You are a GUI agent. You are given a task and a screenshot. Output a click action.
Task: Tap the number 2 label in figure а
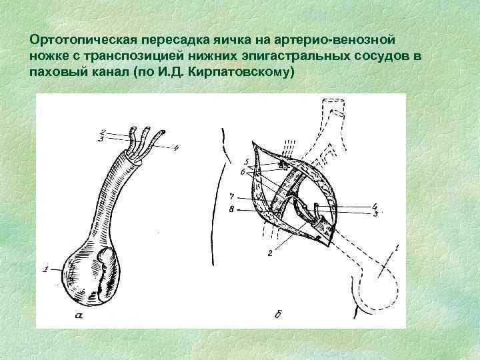coord(102,131)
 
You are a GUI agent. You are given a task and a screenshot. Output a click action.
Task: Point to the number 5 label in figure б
coord(245,161)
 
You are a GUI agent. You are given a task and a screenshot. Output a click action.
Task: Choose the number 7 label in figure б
coord(230,197)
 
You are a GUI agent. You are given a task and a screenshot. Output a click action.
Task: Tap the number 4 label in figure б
coord(375,206)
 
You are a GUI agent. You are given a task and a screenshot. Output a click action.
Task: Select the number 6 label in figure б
coord(245,171)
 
